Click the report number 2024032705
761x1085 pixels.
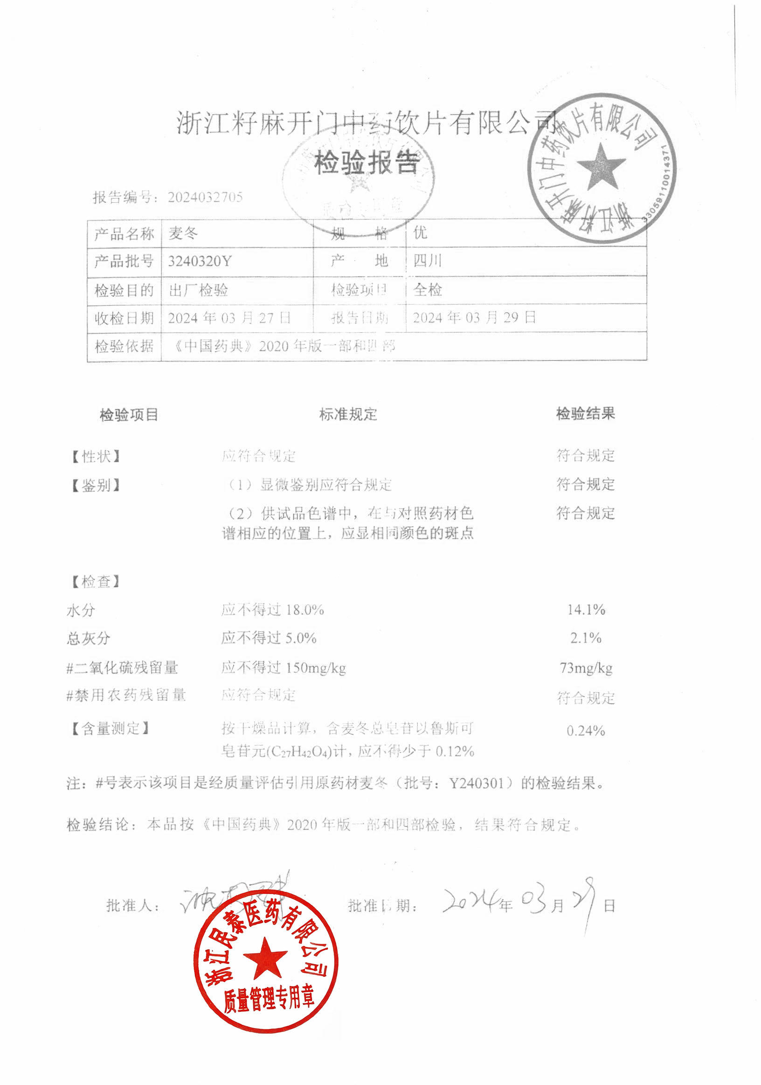pyautogui.click(x=205, y=197)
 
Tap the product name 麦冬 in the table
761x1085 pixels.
pyautogui.click(x=183, y=233)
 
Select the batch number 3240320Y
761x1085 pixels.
pyautogui.click(x=200, y=261)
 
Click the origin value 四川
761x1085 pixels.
pyautogui.click(x=427, y=261)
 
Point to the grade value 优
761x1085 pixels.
pyautogui.click(x=420, y=233)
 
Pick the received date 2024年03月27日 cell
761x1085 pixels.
pyautogui.click(x=229, y=318)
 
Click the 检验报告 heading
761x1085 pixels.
pyautogui.click(x=367, y=163)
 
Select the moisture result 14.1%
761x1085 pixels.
pyautogui.click(x=586, y=610)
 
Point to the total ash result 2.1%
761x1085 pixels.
pyautogui.click(x=586, y=638)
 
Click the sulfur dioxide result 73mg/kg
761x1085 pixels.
pyautogui.click(x=586, y=668)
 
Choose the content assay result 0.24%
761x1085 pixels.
pyautogui.click(x=586, y=731)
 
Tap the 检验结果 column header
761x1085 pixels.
pyautogui.click(x=585, y=414)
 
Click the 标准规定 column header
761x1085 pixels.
pyautogui.click(x=348, y=414)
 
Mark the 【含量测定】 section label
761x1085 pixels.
pyautogui.click(x=110, y=728)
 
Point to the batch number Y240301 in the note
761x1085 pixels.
pyautogui.click(x=476, y=783)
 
